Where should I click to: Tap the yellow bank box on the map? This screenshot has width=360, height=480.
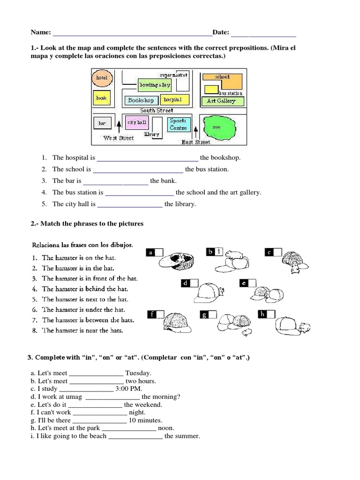102,98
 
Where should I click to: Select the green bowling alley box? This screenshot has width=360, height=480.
155,85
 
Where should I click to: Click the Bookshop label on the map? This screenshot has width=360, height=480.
141,100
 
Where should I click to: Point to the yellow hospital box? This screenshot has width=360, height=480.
172,100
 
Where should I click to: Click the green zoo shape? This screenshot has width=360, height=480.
219,127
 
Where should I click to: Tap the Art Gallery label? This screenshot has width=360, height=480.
221,101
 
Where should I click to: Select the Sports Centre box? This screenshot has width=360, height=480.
178,124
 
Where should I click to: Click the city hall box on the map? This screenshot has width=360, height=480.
136,122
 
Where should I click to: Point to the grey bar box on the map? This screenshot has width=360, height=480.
102,123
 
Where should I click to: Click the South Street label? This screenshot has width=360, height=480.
157,111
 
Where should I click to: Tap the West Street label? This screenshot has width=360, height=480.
119,138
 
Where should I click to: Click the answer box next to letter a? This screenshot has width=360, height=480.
159,253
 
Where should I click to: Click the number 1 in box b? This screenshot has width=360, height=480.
218,252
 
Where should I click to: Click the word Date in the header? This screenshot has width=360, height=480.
220,32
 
